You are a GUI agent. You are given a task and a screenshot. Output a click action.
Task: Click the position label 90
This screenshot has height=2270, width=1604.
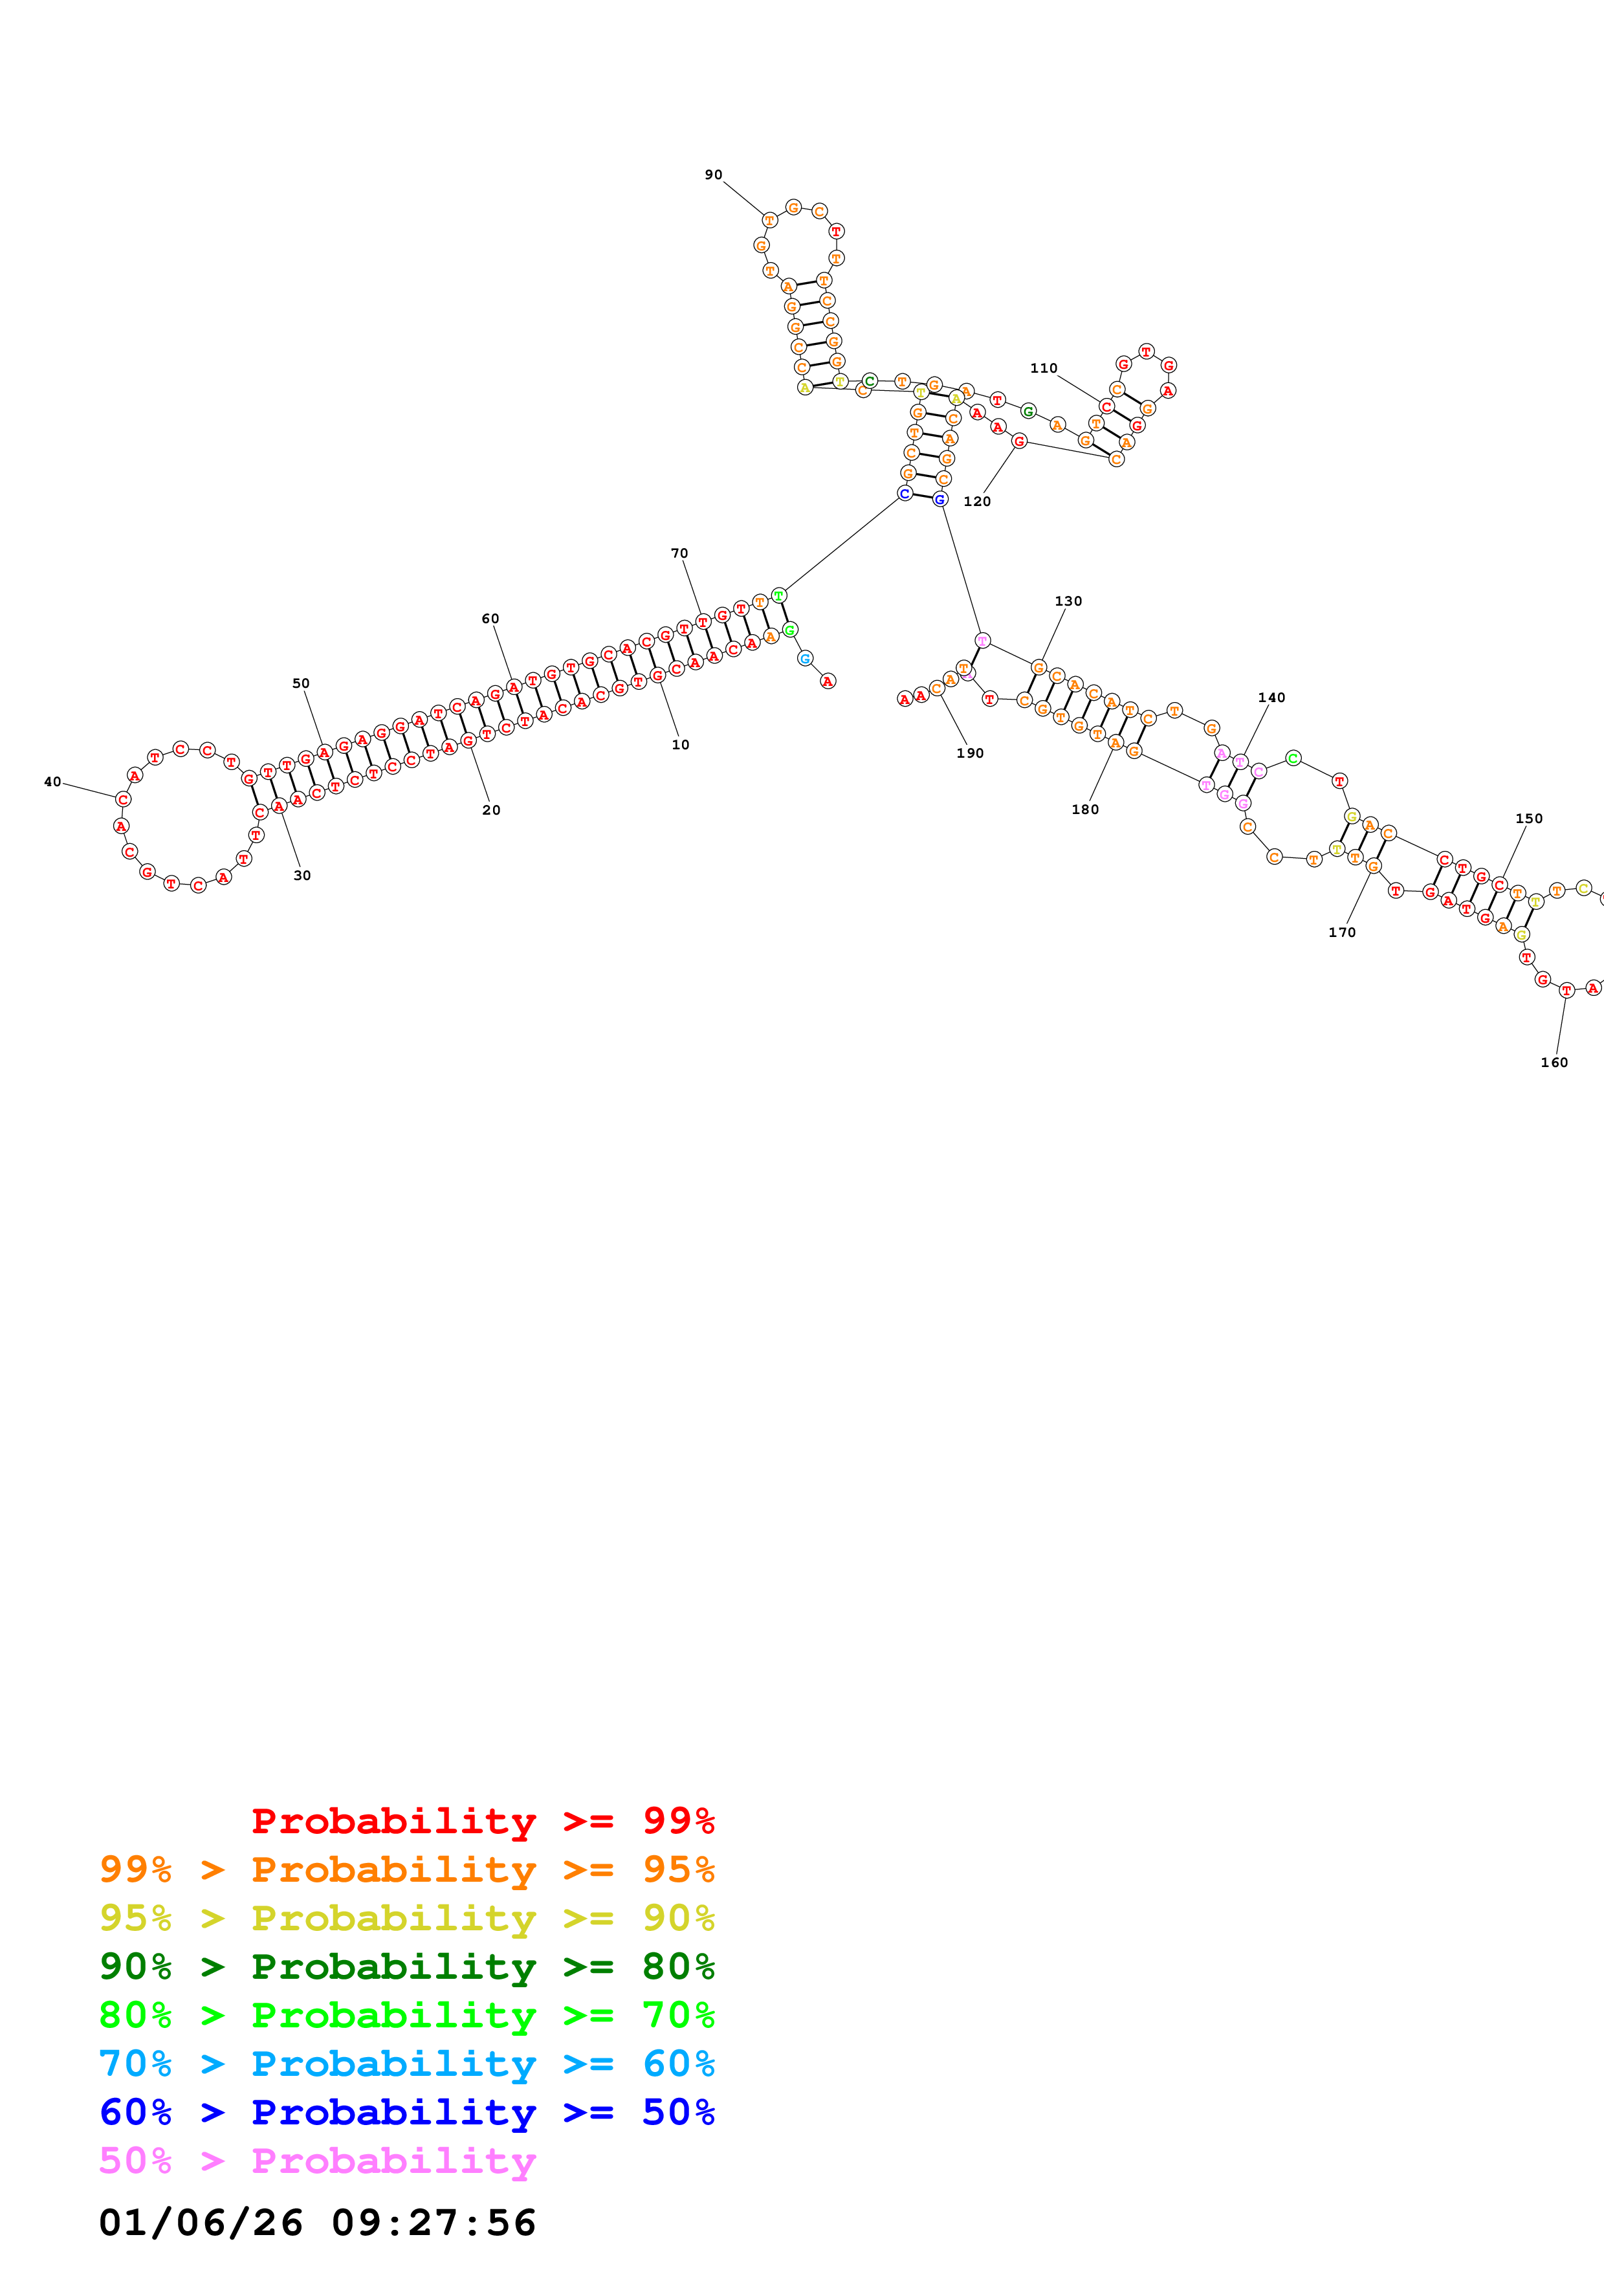pos(712,175)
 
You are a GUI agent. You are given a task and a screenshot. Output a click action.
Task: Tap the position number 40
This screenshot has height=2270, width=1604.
pos(52,782)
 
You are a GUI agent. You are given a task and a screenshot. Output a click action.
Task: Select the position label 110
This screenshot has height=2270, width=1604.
pos(1044,368)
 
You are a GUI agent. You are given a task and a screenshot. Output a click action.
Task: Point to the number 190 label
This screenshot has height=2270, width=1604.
pos(969,753)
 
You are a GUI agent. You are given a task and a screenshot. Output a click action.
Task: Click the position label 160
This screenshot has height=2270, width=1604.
pos(1554,1063)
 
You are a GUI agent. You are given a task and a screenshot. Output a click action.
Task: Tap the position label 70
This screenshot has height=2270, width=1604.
pos(679,554)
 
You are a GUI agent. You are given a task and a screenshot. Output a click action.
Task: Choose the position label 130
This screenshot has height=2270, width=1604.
pos(1068,601)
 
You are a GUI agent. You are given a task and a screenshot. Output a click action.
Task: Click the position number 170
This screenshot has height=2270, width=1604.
pos(1341,932)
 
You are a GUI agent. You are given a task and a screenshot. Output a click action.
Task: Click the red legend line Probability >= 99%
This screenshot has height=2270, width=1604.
pos(482,1821)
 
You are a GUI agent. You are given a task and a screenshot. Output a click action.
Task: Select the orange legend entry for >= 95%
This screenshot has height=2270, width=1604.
pos(406,1869)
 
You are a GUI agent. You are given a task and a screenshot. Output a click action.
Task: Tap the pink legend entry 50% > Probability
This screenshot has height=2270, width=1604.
pos(317,2161)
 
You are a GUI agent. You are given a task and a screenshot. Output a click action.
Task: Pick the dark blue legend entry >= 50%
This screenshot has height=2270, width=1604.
pos(406,2112)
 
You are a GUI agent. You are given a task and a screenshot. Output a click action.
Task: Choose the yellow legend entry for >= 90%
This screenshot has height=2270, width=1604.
pos(406,1918)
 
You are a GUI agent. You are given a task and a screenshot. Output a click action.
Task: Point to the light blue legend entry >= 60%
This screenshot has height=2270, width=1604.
pos(406,2064)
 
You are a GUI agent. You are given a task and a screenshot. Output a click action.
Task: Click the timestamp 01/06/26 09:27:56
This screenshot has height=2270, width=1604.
pos(317,2223)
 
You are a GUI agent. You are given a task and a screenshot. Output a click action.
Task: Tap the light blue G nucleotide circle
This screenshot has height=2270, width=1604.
pos(806,659)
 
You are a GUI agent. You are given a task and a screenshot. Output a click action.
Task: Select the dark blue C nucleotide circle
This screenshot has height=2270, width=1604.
pos(905,493)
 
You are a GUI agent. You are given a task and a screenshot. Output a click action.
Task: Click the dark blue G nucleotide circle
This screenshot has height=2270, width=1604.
pos(940,500)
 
